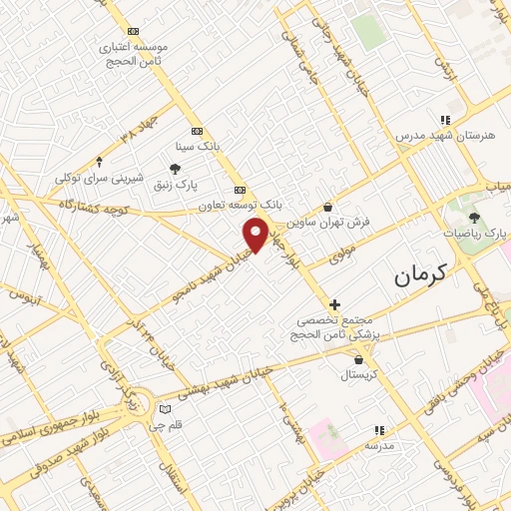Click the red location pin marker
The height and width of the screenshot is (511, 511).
point(256,234)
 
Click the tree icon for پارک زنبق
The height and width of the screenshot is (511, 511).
point(175,168)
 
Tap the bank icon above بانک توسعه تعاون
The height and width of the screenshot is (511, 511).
point(239,189)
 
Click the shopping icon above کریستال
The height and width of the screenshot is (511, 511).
point(357,359)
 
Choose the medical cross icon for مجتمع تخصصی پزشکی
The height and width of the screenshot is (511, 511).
point(334,303)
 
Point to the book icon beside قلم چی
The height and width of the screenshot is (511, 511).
point(165,409)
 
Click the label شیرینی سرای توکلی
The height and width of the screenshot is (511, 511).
point(99,179)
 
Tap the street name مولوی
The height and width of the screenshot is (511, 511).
point(341,255)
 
